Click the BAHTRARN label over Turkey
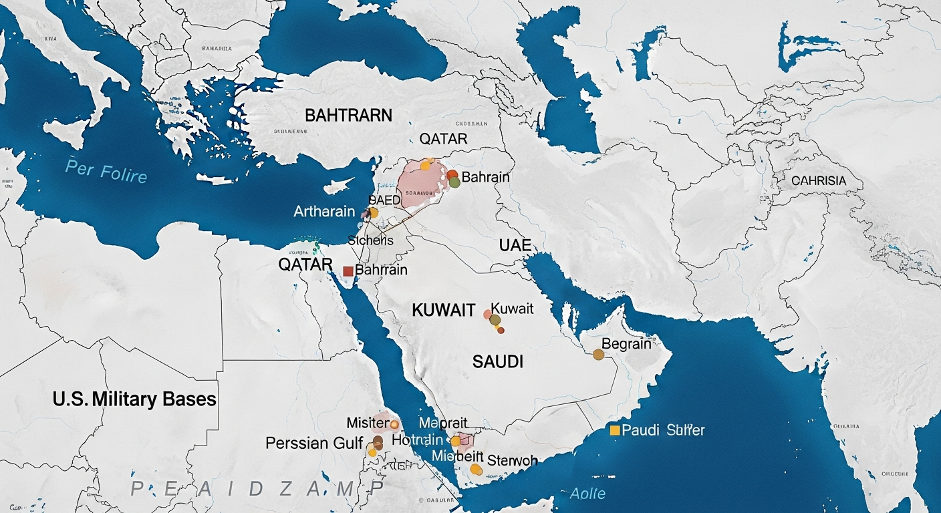[x=348, y=115]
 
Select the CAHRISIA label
[x=818, y=181]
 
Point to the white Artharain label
[x=324, y=211]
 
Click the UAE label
[x=515, y=245]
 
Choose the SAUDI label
[x=497, y=362]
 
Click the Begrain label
[x=626, y=343]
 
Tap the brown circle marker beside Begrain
[x=598, y=355]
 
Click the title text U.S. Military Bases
[x=134, y=399]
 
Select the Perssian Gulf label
[x=314, y=443]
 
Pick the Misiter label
[x=368, y=423]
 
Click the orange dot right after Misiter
[x=394, y=423]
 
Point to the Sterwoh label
[x=513, y=460]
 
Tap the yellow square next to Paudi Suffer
[x=614, y=430]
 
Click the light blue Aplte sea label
[x=588, y=494]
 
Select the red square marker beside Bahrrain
[x=348, y=271]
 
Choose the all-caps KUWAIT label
[x=444, y=310]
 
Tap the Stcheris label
[x=370, y=240]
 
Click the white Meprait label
[x=443, y=423]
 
